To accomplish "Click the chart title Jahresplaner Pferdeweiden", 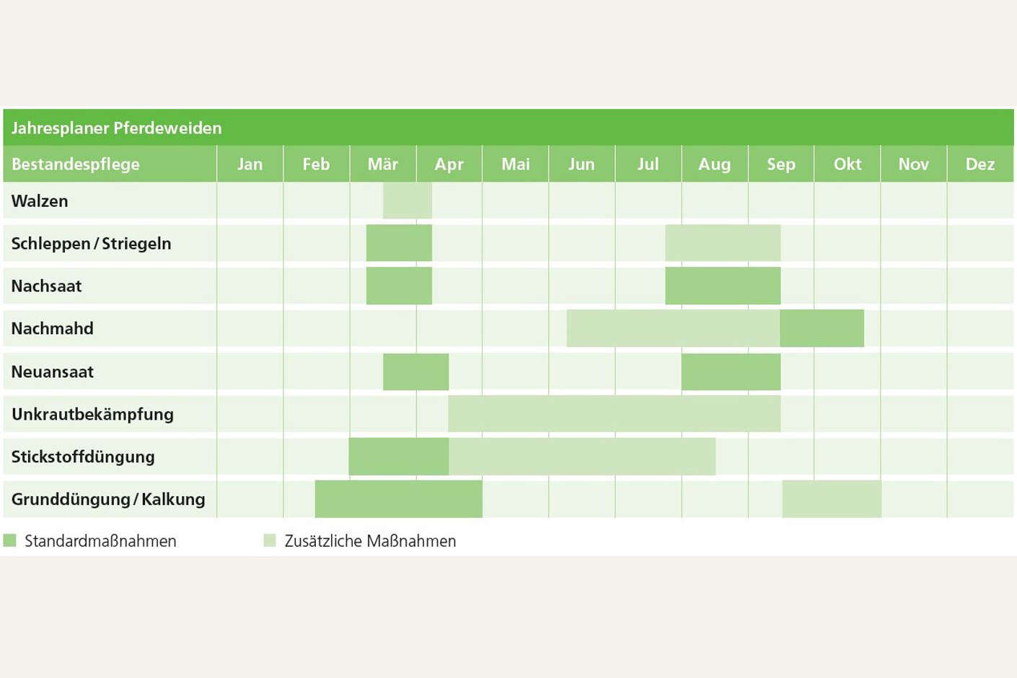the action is point(116,128).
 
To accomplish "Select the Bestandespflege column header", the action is point(75,164).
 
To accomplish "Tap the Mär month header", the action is point(383,164).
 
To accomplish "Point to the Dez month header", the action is point(980,164).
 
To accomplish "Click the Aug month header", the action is point(715,164).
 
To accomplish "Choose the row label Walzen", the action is point(40,201).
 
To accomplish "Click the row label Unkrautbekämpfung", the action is point(92,414).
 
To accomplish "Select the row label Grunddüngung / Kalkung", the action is point(108,499).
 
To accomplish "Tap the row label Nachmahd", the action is point(52,328).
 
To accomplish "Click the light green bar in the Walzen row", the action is point(408,201).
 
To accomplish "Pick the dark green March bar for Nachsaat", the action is point(399,286).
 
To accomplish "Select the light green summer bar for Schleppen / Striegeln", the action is point(723,243).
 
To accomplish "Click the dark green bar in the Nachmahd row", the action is point(822,328).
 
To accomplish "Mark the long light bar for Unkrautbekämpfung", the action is point(615,414).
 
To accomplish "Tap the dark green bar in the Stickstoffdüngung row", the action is point(399,457).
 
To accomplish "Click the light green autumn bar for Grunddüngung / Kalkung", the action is point(832,499).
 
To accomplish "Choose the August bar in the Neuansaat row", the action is point(731,371).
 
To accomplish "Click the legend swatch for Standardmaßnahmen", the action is point(9,540).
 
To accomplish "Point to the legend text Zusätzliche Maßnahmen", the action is point(370,541).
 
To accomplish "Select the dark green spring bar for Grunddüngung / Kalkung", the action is point(399,499).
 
